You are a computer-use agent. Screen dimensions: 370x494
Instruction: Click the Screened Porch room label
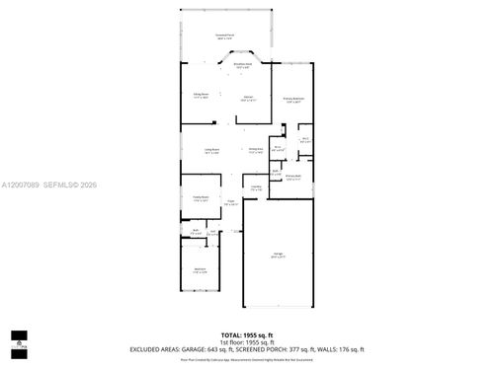tap(224, 36)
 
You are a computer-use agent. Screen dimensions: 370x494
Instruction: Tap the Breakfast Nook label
tap(242, 65)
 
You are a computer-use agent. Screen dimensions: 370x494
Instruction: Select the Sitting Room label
tap(201, 96)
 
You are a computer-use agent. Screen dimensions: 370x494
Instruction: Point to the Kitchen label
tap(248, 99)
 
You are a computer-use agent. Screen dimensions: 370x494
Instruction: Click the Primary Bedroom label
tap(293, 100)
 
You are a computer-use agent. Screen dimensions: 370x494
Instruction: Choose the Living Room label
tap(211, 151)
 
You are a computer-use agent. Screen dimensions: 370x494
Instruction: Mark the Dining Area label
tap(256, 151)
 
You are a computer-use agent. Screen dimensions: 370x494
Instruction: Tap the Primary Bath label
tap(293, 179)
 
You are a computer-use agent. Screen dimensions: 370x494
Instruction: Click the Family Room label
tap(200, 199)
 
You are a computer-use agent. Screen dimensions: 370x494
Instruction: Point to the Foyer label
tap(230, 205)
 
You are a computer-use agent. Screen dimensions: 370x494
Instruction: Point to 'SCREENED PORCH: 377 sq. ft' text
tap(283, 350)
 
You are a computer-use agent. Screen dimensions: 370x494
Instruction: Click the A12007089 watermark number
tap(21, 184)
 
